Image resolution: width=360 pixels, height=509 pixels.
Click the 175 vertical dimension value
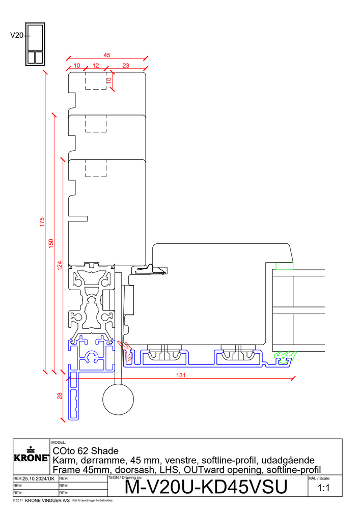coord(42,222)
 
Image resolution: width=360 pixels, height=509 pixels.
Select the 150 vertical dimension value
coord(51,243)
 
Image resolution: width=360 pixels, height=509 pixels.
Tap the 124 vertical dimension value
coord(60,266)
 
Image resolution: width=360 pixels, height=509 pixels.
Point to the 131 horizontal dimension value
coord(181,375)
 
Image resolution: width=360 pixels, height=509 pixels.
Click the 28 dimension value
coord(60,395)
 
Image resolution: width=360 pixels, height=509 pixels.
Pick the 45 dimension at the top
coord(107,55)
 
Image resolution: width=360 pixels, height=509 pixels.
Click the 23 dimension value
coord(126,66)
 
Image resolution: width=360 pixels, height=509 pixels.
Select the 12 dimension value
coord(96,66)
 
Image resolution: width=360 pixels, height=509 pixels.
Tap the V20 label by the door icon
coord(17,36)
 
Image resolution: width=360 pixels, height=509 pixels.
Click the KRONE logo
coord(31,455)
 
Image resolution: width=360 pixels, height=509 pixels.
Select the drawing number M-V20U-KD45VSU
coord(206,487)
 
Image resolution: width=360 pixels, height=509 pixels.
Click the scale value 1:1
coord(324,488)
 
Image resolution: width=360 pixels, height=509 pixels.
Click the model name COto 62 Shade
coord(86,451)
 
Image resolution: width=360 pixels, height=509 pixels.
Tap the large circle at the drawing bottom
coord(118,399)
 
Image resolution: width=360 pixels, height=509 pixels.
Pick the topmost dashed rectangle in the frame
coord(96,80)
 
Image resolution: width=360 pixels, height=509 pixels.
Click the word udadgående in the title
coord(288,460)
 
